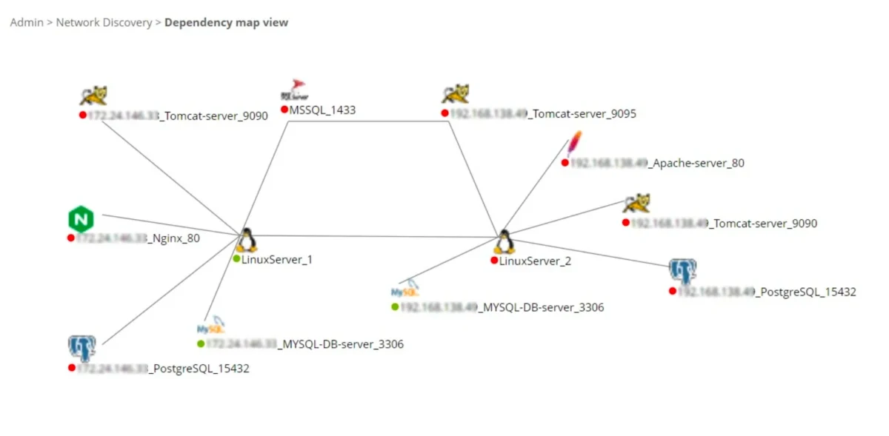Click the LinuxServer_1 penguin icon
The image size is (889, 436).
(247, 240)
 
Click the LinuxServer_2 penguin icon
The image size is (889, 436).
(505, 241)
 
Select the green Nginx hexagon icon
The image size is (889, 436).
(81, 220)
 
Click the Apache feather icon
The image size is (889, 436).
(573, 145)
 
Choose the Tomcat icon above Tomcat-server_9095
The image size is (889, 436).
(455, 94)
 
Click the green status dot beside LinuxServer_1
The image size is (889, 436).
(236, 259)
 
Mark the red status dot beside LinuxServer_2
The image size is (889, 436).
(494, 261)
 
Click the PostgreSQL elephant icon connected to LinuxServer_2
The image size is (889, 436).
(682, 272)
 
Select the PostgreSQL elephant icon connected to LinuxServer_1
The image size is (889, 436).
(81, 348)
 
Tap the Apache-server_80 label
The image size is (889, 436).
(696, 163)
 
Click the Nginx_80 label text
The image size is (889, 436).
(175, 238)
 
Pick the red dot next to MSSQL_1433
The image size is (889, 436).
(284, 110)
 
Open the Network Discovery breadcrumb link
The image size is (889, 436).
(104, 22)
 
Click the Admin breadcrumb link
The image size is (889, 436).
(26, 22)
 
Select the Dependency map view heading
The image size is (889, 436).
(226, 22)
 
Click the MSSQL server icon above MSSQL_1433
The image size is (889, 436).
(295, 90)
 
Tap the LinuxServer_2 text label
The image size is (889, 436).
(535, 261)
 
